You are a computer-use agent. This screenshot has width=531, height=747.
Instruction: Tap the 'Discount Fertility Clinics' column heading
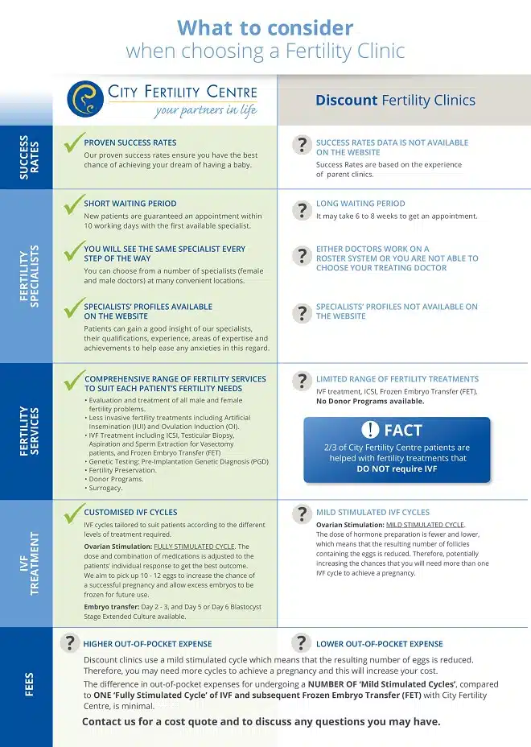click(x=395, y=101)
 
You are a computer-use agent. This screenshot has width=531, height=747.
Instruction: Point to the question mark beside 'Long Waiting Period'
click(x=302, y=210)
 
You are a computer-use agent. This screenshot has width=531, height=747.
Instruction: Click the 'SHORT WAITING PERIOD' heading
click(x=130, y=204)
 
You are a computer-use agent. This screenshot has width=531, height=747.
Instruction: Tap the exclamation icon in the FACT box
click(x=370, y=430)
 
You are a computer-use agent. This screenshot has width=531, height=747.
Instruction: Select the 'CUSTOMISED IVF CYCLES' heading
click(x=131, y=512)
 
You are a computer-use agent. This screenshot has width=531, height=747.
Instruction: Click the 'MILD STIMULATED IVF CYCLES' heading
click(x=373, y=512)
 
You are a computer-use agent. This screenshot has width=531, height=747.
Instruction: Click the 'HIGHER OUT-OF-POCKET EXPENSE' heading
click(x=148, y=644)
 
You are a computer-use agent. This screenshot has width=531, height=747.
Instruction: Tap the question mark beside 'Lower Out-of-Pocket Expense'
click(x=302, y=642)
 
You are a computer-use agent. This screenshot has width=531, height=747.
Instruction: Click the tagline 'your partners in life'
click(x=206, y=111)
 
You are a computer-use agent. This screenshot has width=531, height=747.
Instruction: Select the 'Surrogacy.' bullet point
click(x=105, y=488)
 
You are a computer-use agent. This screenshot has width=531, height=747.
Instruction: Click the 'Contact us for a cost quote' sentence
click(x=261, y=721)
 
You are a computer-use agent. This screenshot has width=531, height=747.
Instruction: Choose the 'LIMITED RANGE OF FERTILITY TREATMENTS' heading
click(x=397, y=378)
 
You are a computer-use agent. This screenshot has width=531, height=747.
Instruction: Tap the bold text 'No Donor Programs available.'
click(x=369, y=401)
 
